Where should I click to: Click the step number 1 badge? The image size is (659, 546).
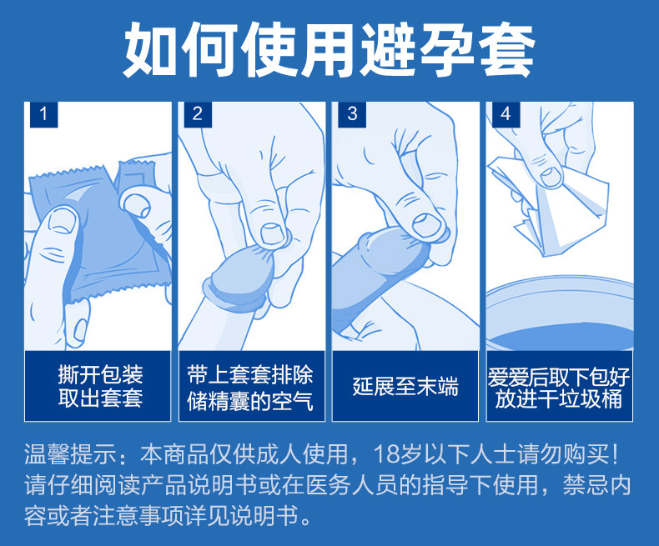[43, 114]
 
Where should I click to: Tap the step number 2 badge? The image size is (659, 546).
[198, 114]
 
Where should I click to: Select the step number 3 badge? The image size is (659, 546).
[352, 114]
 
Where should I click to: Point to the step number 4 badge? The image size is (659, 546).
[506, 114]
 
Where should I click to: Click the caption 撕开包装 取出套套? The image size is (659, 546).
[100, 387]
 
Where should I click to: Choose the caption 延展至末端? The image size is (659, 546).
[405, 387]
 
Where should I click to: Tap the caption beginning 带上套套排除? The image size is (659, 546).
[250, 388]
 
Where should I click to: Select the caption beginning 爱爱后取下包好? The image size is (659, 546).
[559, 388]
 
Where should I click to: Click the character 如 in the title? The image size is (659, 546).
[150, 49]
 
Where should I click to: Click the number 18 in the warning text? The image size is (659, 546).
[385, 454]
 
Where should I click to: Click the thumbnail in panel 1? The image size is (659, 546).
[63, 222]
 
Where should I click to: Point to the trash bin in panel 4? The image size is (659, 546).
[560, 313]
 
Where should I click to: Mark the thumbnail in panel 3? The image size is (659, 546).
[427, 226]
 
